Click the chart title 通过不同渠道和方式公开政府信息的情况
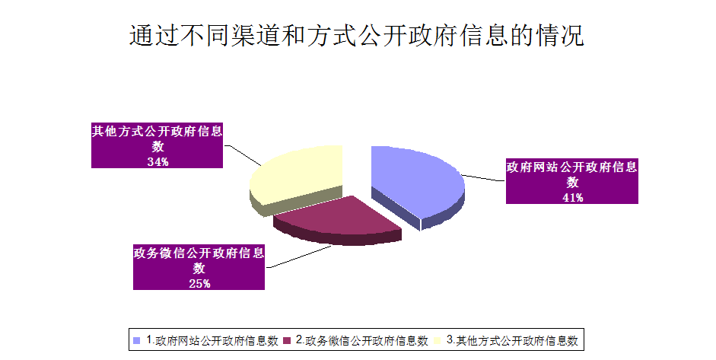(357, 35)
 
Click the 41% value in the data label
(572, 198)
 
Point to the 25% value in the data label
(199, 284)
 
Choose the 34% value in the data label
(158, 161)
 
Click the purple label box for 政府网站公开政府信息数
(571, 181)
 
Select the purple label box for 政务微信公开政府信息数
(199, 267)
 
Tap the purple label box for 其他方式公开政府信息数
(157, 145)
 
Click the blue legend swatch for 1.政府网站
(136, 340)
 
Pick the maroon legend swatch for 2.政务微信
(287, 340)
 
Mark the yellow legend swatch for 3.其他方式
(437, 340)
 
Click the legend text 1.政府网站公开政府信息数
(212, 340)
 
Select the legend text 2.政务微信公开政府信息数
(362, 340)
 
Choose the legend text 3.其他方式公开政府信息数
(512, 340)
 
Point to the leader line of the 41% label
(484, 177)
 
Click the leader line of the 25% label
(298, 256)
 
